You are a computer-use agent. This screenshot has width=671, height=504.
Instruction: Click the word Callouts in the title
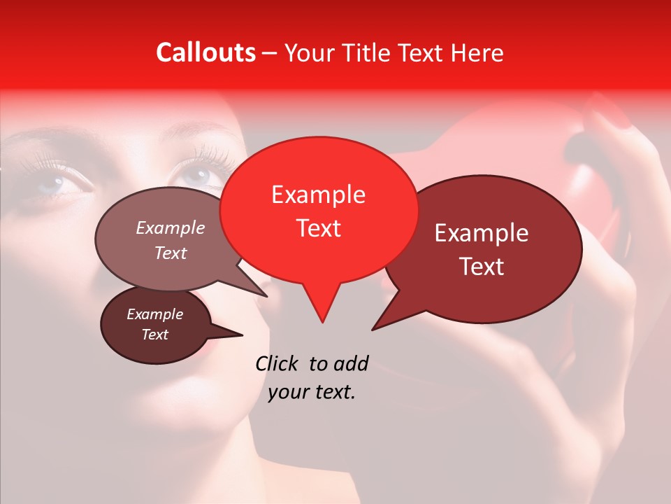click(205, 52)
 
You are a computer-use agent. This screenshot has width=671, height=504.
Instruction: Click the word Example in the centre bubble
click(318, 195)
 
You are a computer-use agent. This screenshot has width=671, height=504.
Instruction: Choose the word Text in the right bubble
click(482, 267)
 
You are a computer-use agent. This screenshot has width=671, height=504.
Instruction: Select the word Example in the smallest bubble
click(154, 314)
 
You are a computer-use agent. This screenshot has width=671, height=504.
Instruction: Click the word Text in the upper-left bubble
click(170, 253)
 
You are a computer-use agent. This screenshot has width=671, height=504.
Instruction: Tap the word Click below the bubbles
click(277, 363)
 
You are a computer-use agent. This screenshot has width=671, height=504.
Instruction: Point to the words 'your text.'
click(312, 393)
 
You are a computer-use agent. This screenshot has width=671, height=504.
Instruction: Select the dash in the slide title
click(270, 52)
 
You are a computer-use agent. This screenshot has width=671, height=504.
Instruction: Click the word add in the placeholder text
click(351, 363)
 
